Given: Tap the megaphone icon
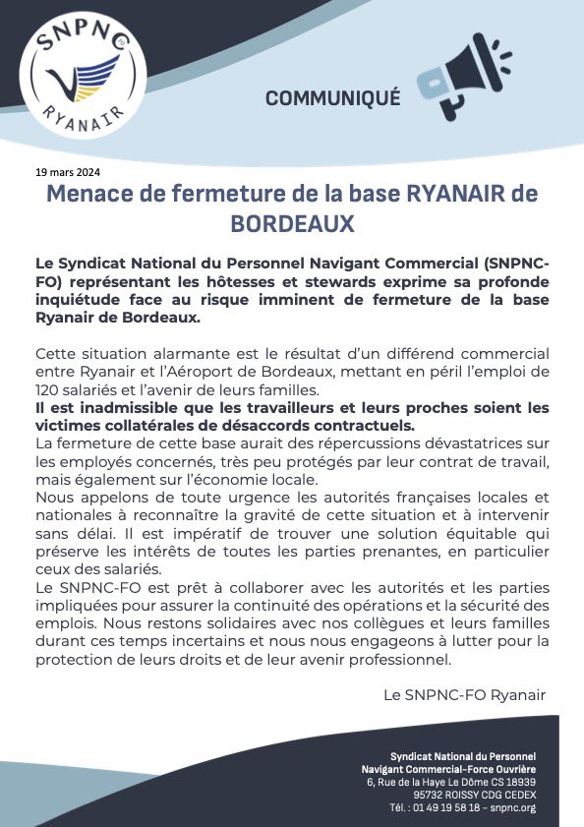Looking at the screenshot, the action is coord(463,81).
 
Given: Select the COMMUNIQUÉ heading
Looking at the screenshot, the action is coord(333,97).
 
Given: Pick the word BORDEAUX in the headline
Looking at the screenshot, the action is coord(292,224).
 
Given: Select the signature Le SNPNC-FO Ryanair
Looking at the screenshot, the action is coord(463,694).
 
